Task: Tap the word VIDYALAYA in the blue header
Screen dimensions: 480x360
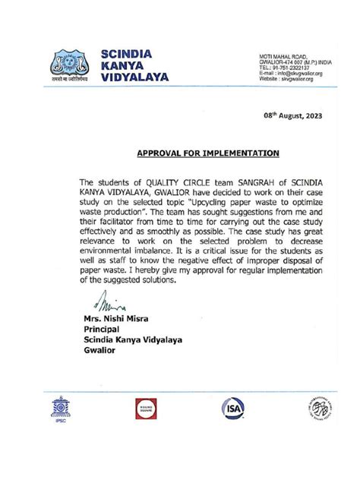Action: (136, 77)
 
